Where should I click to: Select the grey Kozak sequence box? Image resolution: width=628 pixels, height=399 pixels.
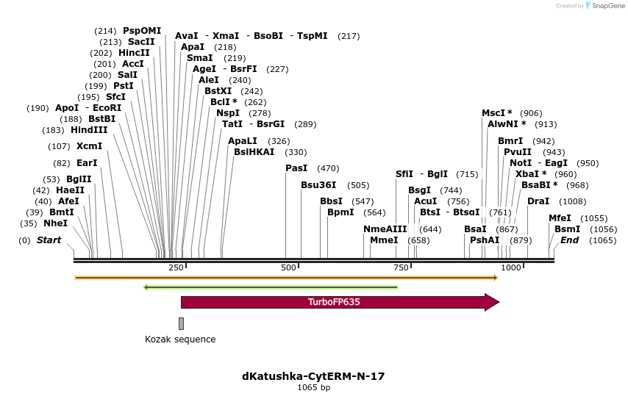tap(181, 323)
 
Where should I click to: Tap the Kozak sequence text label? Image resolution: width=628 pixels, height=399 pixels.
tap(180, 339)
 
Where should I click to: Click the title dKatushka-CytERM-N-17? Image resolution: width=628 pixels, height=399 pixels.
tap(313, 376)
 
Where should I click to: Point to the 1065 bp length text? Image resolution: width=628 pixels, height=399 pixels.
tap(313, 387)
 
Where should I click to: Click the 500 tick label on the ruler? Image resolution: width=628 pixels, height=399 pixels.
tap(288, 267)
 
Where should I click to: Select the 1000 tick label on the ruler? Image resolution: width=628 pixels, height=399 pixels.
tap(511, 267)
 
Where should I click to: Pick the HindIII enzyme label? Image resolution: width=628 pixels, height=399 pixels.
tap(89, 130)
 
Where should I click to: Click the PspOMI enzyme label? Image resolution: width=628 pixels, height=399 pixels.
tap(142, 31)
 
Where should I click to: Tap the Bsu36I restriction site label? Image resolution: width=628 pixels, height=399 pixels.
tap(318, 185)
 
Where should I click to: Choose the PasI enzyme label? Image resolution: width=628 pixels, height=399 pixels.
tap(296, 168)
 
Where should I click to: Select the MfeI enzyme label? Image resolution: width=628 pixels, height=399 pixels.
tap(560, 218)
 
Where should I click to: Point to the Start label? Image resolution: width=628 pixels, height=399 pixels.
tap(49, 240)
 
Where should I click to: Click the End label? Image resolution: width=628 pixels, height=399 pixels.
tap(570, 240)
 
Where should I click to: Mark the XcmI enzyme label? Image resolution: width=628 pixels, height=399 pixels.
tap(90, 146)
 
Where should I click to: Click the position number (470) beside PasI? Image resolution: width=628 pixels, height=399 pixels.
tap(328, 168)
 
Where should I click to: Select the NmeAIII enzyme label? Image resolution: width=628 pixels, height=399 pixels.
tap(385, 229)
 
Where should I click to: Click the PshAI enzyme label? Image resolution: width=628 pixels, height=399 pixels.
tap(485, 240)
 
